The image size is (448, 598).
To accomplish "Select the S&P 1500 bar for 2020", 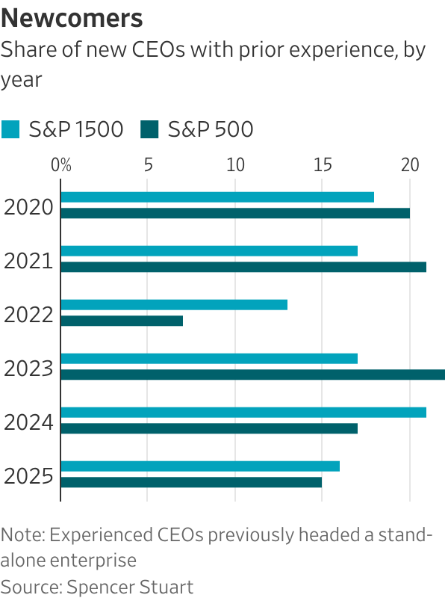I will point(217,197).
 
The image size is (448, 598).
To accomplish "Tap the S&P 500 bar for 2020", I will point(234,213).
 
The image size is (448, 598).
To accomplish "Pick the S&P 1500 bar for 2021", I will point(208,251).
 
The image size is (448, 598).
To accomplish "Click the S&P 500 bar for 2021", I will point(243,267).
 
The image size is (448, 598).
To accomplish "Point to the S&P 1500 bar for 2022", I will point(173,305).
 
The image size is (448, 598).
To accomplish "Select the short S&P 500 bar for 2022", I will point(121,321).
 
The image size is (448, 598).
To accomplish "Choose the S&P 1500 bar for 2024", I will point(243,413).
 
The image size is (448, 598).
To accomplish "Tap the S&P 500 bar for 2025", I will point(190,482).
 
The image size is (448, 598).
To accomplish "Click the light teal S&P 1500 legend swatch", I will point(10,130).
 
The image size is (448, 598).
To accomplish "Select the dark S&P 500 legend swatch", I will point(150,130).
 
